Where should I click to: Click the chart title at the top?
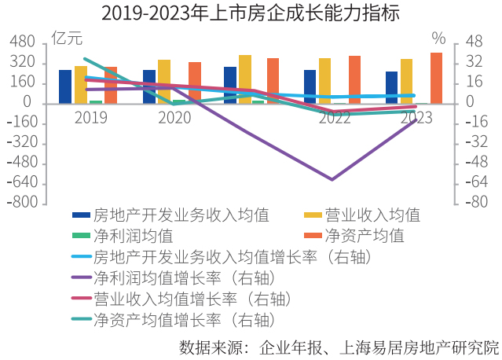pos(251,13)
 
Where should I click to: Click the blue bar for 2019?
pos(65,86)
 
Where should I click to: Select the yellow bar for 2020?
pos(163,82)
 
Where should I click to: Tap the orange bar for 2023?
pos(436,78)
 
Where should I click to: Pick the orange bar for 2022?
pos(354,79)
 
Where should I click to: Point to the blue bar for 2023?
pos(391,87)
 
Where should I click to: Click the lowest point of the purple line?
pos(332,179)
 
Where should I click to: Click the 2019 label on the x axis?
pos(91,118)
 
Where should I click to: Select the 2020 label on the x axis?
pos(174,118)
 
